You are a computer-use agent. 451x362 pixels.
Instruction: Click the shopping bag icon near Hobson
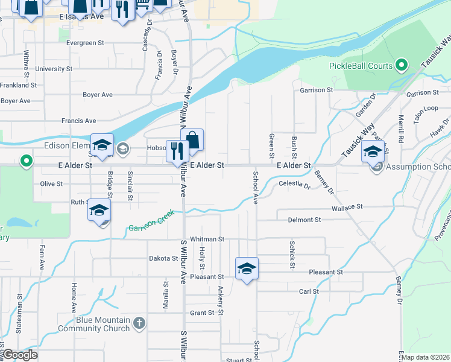click(x=192, y=140)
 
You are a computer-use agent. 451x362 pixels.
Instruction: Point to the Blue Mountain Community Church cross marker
click(x=139, y=323)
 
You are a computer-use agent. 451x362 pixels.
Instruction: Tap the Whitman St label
click(x=207, y=240)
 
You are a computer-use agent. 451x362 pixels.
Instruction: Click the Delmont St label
click(x=304, y=220)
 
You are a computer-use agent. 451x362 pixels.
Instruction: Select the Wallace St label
click(x=347, y=206)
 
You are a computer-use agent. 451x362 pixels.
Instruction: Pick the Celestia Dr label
click(x=294, y=184)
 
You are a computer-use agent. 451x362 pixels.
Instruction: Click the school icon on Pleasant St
click(x=247, y=268)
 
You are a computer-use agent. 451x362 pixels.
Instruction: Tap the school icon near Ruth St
click(x=99, y=210)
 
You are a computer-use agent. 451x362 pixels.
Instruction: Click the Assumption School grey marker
click(x=377, y=167)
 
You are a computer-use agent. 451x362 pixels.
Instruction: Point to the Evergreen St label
click(x=85, y=43)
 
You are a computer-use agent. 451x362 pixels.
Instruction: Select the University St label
click(x=54, y=69)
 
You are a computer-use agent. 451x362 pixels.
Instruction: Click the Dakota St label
click(x=163, y=258)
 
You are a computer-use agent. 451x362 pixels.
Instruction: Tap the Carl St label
click(x=309, y=291)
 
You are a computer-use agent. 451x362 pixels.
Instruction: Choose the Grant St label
click(x=202, y=313)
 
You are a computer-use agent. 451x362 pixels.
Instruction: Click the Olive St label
click(x=51, y=183)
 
